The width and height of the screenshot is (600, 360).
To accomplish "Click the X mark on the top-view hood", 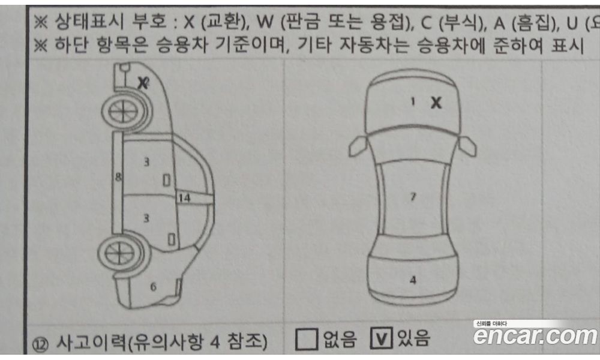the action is click(x=436, y=103).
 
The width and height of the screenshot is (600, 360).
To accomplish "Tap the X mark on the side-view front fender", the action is click(x=143, y=83).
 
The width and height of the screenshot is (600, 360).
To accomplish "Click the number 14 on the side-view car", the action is click(x=184, y=198).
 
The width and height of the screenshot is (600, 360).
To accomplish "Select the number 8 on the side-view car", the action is click(x=118, y=177).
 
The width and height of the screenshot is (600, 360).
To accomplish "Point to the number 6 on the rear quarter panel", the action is click(x=153, y=287).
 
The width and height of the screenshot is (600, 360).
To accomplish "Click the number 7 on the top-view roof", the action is click(x=413, y=197).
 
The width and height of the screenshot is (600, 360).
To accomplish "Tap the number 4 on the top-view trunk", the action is click(x=413, y=280).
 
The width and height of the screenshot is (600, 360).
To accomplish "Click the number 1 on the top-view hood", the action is click(x=413, y=101).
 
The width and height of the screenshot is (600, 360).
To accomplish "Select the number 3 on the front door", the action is click(x=146, y=162).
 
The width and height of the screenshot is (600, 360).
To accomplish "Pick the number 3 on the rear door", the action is click(x=146, y=218).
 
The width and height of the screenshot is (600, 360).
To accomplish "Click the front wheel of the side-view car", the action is click(x=123, y=112).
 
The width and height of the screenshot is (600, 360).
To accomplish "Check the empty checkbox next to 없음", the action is click(x=306, y=340).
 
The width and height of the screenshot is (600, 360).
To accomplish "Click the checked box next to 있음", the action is click(x=381, y=338).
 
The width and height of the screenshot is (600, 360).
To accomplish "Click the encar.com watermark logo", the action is click(x=535, y=334).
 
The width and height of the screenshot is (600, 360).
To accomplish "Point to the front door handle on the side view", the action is click(x=166, y=180).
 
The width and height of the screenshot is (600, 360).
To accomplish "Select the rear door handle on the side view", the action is click(x=172, y=239).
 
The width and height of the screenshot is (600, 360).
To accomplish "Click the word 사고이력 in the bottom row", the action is click(x=91, y=341).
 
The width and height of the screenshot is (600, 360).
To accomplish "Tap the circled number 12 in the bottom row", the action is click(x=40, y=344).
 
